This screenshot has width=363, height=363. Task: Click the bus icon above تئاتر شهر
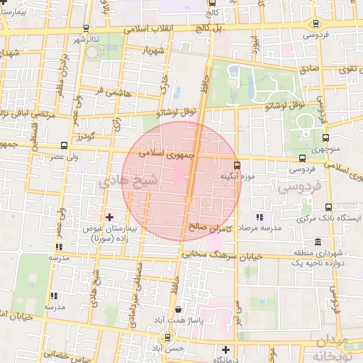pyautogui.click(x=86, y=28)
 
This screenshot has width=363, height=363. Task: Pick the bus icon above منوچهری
pyautogui.click(x=325, y=138)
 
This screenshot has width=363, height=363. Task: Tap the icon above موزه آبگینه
pyautogui.click(x=238, y=165)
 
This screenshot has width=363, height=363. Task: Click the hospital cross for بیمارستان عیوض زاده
pyautogui.click(x=108, y=216)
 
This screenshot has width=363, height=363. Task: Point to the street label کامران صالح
pyautogui.click(x=212, y=228)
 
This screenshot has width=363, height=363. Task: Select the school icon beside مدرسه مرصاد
pyautogui.click(x=259, y=217)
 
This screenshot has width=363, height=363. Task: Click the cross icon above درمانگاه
pyautogui.click(x=225, y=350)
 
